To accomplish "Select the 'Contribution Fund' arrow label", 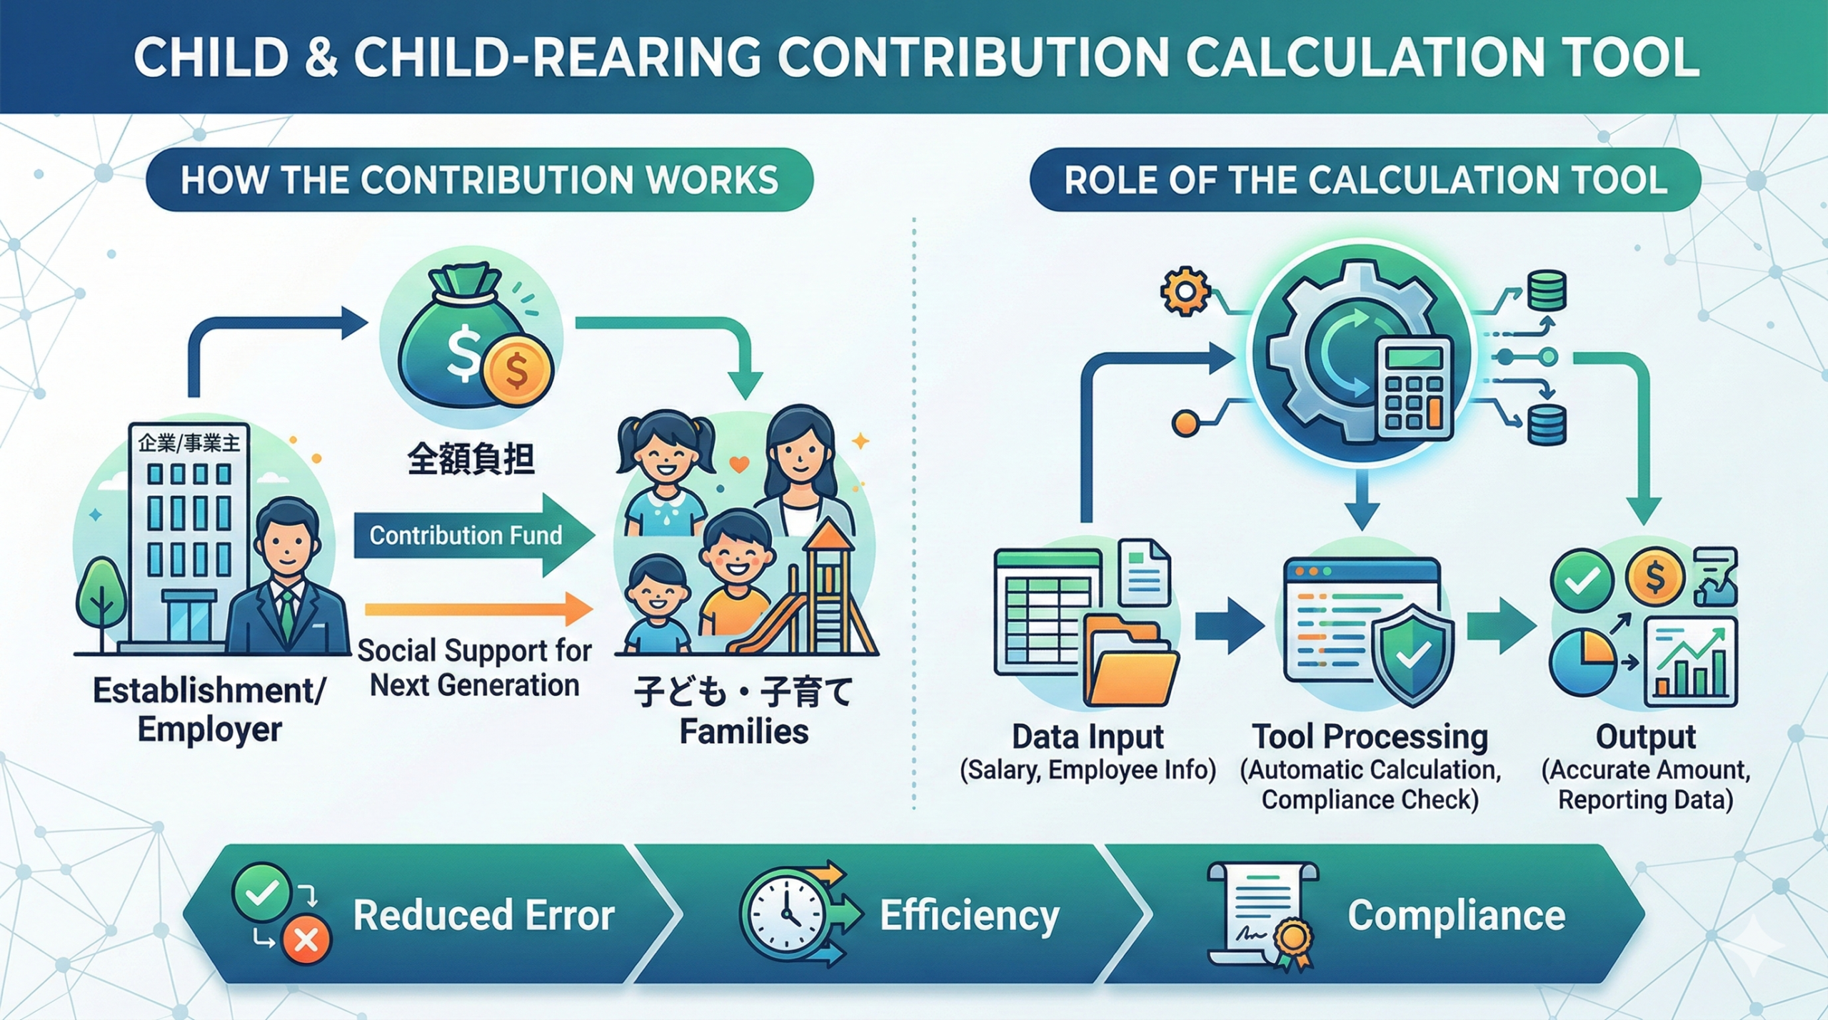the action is [466, 535].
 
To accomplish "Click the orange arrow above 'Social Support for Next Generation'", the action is [478, 608].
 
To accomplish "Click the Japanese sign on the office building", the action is [189, 443].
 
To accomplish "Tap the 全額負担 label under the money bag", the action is [471, 458].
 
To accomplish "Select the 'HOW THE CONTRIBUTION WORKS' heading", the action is [479, 180].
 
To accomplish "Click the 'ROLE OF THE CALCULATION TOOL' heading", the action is [1365, 180].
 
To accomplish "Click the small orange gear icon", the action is [1185, 291].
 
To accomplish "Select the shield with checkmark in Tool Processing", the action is [1413, 654].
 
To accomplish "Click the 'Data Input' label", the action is [1088, 737].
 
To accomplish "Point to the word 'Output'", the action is [1645, 737].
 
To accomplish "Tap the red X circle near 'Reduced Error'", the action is [306, 941].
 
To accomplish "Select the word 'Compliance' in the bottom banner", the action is [1456, 915].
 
